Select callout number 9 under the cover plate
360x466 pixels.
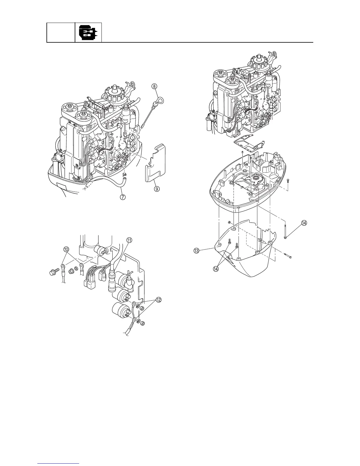(156, 189)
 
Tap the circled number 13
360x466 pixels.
(196, 251)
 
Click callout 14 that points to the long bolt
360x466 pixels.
(304, 223)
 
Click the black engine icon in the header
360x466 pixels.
(88, 32)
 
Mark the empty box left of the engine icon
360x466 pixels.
(61, 32)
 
